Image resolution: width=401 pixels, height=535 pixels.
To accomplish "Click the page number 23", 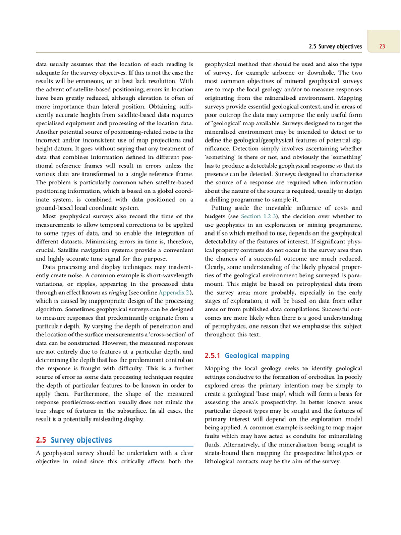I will coord(382,46).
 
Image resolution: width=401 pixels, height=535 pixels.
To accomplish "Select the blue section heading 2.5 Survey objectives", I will coord(74,440).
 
